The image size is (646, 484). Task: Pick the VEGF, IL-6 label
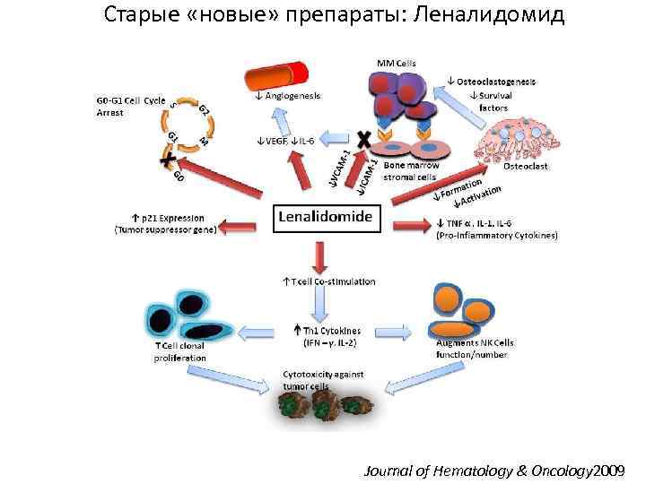click(x=284, y=141)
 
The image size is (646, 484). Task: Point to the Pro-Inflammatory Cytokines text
click(x=497, y=237)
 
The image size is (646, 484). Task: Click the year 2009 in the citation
click(x=610, y=470)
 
